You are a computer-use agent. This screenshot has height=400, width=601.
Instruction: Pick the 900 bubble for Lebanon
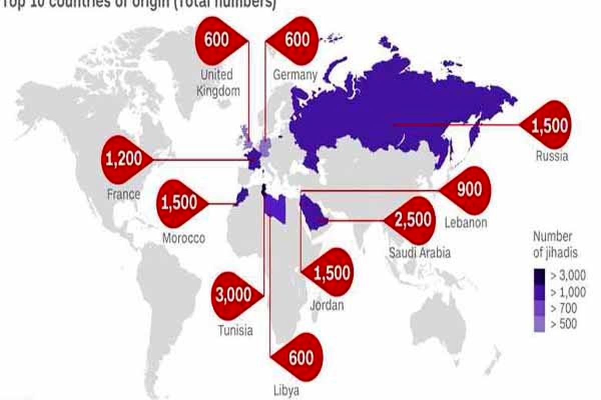[467, 190]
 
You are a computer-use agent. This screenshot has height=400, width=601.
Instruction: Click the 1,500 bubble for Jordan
[331, 273]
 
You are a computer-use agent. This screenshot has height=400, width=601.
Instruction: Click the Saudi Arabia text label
[420, 252]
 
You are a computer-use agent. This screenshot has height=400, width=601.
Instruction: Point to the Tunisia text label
[235, 330]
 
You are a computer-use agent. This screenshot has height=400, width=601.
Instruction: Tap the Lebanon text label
[465, 222]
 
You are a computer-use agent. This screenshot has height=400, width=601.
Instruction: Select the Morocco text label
[183, 238]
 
